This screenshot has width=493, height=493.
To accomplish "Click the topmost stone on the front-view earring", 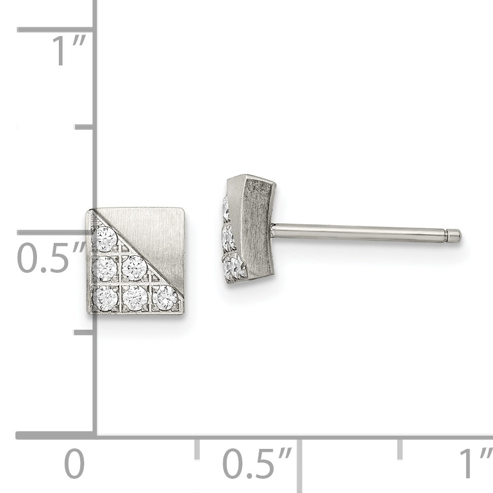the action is tap(105, 239).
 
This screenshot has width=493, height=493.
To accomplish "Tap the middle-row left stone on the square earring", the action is tap(105, 268).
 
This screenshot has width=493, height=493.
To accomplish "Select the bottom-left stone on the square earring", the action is tap(105, 297).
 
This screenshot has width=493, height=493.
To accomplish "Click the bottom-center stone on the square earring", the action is tap(135, 298).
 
